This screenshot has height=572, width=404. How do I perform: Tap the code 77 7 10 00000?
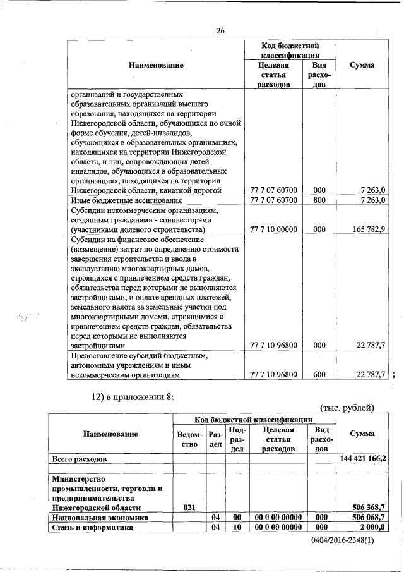273,229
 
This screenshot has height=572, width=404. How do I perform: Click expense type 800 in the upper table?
319,200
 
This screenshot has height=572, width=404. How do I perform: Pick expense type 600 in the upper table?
319,374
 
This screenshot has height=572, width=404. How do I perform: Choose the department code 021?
189,507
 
